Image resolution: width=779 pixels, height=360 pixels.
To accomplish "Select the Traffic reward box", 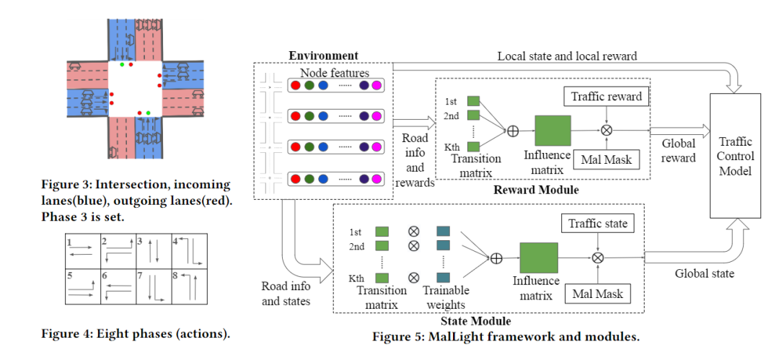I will click(x=606, y=96).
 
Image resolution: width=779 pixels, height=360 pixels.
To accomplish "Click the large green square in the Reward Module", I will click(x=553, y=131).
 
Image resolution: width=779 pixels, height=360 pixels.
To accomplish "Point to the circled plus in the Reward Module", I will click(x=513, y=131).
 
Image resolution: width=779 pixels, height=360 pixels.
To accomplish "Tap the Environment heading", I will click(x=323, y=56).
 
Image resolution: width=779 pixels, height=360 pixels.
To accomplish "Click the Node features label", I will click(x=335, y=72).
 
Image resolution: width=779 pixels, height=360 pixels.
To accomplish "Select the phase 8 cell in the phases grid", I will click(x=190, y=286).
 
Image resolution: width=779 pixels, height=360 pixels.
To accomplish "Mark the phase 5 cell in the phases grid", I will click(x=82, y=286).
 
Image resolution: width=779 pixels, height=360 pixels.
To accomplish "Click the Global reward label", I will click(x=679, y=150).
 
